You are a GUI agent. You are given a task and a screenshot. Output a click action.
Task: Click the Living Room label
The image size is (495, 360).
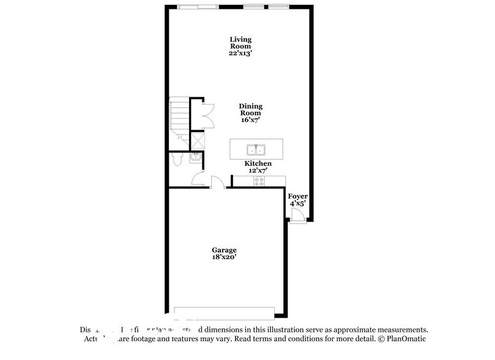point(240,43)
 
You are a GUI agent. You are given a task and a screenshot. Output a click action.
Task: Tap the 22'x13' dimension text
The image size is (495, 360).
point(240,53)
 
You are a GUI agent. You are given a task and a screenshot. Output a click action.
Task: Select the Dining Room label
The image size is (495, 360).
point(250,109)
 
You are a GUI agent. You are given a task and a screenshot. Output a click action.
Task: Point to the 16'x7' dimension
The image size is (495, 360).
point(250,120)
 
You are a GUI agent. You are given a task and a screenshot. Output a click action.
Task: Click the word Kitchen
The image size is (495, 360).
point(258,163)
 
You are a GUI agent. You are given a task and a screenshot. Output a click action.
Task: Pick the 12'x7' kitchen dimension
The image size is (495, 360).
point(258,171)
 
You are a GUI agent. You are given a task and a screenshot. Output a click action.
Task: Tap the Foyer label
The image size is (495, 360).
point(297,196)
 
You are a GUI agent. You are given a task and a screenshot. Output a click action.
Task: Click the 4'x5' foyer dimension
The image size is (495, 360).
point(297,203)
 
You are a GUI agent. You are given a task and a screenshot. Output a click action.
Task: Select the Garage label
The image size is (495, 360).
point(224,250)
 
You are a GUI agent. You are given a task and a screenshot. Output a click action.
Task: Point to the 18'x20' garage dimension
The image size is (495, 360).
point(224,258)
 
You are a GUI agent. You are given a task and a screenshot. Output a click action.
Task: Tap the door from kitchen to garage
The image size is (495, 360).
point(216,182)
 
